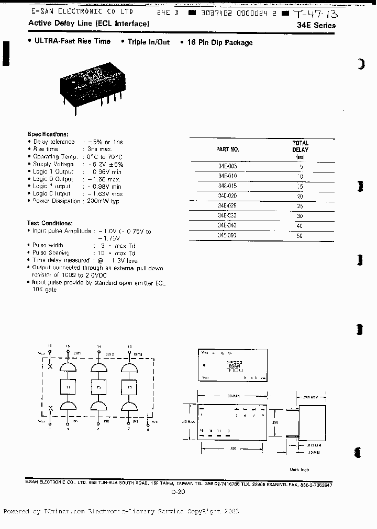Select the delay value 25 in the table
click(x=300, y=206)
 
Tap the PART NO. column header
click(x=227, y=149)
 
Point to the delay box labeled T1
click(x=68, y=386)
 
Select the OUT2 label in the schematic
click(x=109, y=354)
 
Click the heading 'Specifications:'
click(x=48, y=134)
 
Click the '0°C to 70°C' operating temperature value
click(x=105, y=156)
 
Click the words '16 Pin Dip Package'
click(x=220, y=42)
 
